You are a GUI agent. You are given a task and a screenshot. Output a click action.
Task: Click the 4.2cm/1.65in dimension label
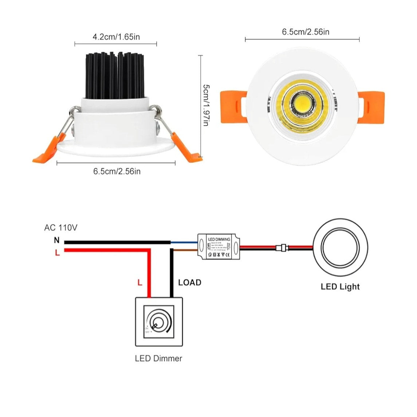(116, 37)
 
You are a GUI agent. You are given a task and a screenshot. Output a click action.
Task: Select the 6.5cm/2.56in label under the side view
(117, 171)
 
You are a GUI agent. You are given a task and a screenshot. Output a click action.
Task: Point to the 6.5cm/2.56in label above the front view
(306, 32)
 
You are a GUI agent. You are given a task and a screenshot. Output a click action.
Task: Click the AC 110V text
(61, 228)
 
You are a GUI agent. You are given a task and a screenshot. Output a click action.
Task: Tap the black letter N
(56, 240)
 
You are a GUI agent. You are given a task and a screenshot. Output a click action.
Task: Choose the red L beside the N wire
(57, 252)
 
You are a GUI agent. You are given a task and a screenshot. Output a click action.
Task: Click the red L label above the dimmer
(140, 282)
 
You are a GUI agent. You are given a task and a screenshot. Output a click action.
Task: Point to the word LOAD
(189, 283)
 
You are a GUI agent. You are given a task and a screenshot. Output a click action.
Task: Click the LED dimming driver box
(219, 248)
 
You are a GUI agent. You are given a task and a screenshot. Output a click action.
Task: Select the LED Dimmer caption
(158, 358)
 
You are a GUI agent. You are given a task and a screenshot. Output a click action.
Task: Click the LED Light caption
(340, 287)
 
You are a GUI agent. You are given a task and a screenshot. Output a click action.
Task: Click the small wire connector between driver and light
(282, 248)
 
